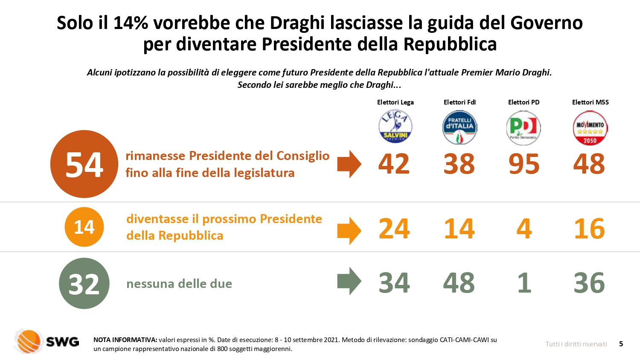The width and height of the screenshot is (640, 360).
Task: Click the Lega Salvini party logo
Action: (396, 127)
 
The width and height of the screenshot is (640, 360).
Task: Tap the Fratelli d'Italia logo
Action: (460, 128)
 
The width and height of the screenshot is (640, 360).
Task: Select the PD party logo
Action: (524, 128)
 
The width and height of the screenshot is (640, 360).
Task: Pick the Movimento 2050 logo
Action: (590, 128)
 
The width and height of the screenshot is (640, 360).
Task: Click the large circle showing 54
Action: (84, 164)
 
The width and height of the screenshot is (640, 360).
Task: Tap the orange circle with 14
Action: (84, 227)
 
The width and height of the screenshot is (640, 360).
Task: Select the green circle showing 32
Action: (84, 283)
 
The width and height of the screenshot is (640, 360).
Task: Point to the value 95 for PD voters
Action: (524, 164)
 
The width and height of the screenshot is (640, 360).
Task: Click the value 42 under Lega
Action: (394, 164)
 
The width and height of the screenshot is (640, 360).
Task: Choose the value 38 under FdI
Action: (459, 164)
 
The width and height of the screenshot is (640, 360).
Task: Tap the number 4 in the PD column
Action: (524, 228)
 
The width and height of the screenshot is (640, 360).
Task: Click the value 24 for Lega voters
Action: (394, 228)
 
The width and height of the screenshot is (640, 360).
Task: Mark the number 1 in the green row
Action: (524, 282)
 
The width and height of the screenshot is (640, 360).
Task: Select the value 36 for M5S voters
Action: (589, 282)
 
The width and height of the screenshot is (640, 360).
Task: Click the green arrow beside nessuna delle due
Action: (349, 281)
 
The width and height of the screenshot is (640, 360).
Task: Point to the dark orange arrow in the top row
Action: (349, 164)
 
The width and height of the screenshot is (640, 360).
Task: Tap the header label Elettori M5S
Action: (590, 102)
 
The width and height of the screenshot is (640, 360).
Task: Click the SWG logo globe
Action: (29, 341)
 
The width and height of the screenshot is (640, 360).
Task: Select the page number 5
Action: (621, 344)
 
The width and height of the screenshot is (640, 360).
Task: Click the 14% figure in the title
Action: (131, 23)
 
